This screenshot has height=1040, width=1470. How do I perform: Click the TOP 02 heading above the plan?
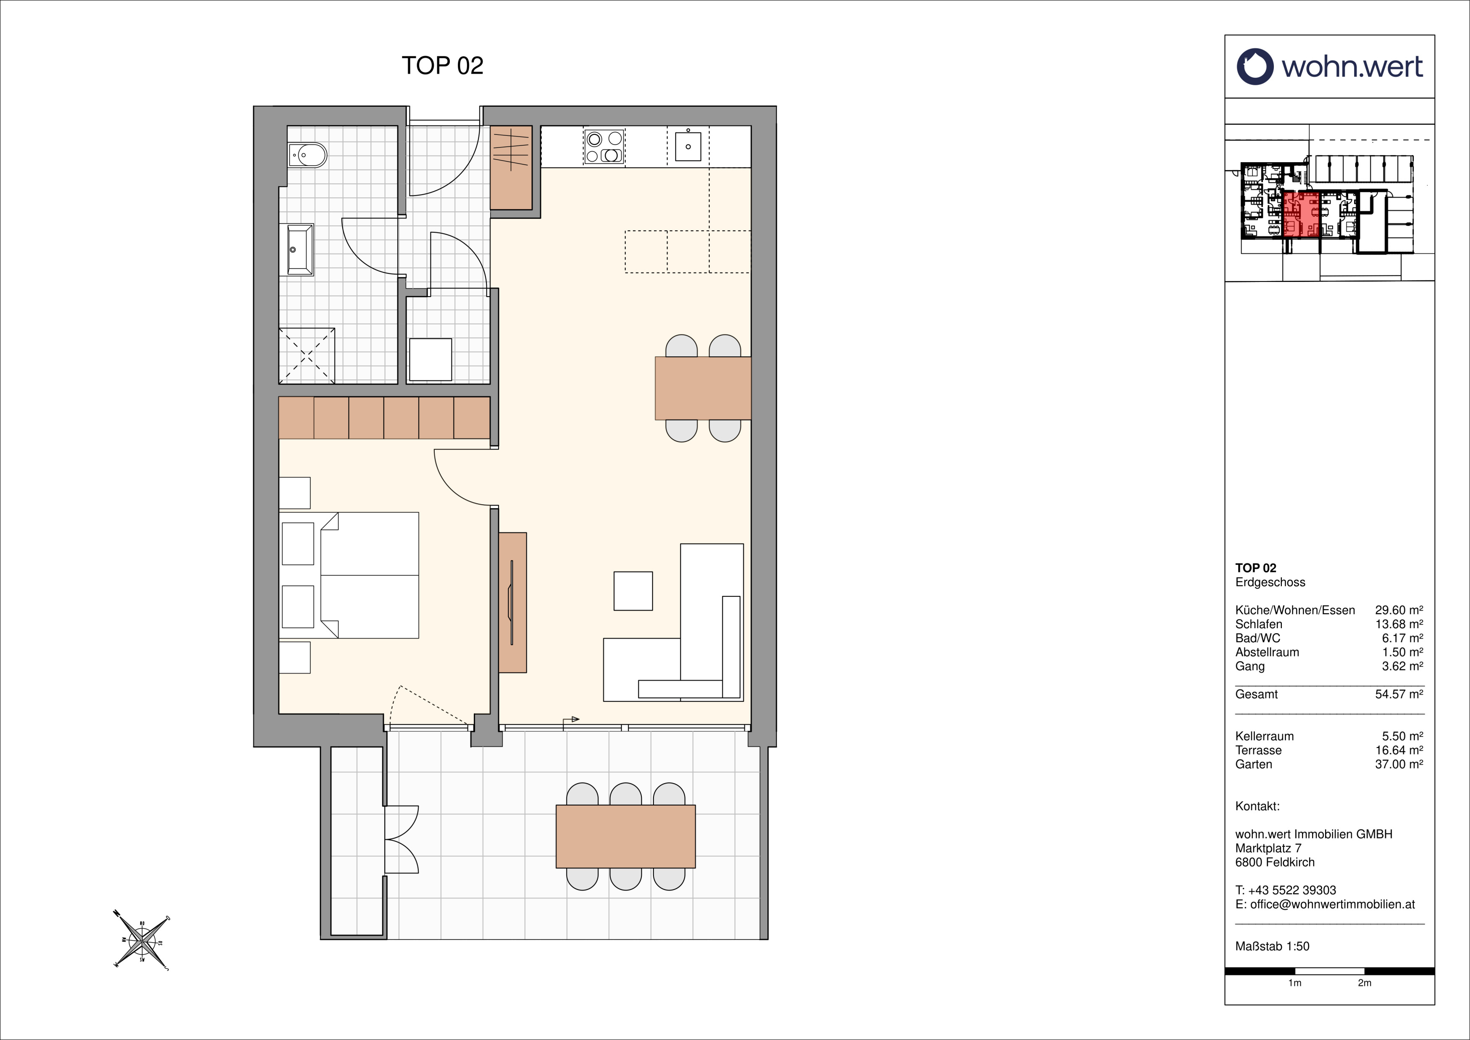442,65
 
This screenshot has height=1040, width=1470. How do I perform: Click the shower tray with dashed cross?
307,355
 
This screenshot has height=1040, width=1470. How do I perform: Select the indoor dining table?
702,388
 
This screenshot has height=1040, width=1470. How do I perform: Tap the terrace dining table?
625,836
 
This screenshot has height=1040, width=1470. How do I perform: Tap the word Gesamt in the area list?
1256,694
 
